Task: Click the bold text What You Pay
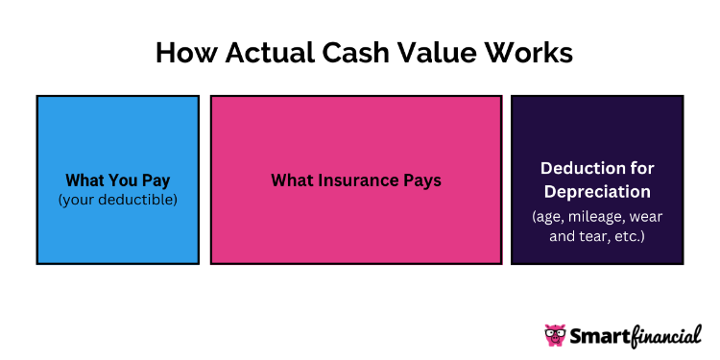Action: [117, 180]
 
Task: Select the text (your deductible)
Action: [117, 199]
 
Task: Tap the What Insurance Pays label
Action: [355, 180]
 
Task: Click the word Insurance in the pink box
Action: [355, 180]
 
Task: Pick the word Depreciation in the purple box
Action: [596, 190]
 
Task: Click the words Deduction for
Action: [596, 169]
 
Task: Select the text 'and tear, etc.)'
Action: [596, 234]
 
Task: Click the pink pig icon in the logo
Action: [556, 335]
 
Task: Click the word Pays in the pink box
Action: [420, 180]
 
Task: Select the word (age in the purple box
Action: [549, 215]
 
